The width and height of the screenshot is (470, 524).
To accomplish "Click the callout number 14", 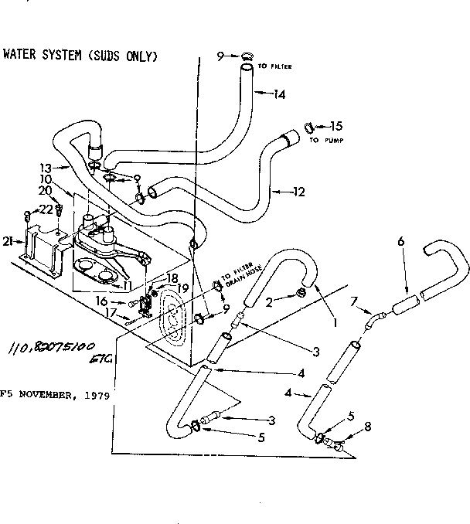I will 279,94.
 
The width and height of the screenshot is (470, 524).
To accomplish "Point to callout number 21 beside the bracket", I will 7,242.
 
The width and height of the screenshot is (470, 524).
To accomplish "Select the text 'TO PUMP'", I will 325,141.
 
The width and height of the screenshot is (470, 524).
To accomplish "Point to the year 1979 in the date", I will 98,393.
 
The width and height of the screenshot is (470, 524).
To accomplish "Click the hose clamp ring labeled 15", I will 308,127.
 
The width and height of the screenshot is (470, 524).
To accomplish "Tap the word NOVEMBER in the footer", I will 49,393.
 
